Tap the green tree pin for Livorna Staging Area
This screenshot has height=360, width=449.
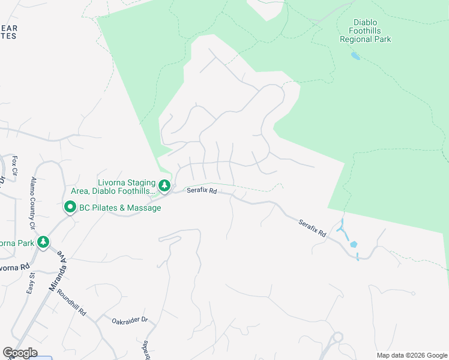[164, 186]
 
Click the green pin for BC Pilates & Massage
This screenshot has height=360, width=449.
[70, 208]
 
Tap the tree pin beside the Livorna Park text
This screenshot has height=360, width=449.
[43, 243]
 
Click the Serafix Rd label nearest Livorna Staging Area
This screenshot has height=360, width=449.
[201, 190]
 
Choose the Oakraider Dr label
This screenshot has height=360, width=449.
[130, 320]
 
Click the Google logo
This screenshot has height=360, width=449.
[20, 353]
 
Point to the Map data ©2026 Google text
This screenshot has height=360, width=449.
[411, 355]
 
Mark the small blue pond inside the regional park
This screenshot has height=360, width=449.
[355, 56]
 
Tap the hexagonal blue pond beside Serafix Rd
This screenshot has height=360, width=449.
[353, 244]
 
